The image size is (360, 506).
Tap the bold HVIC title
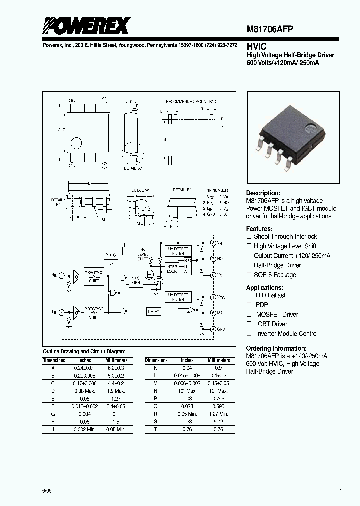click(256, 45)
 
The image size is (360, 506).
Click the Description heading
click(263, 193)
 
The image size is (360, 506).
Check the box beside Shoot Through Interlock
click(249, 237)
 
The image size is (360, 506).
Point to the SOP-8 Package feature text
click(275, 275)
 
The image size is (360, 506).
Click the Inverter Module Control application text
click(287, 333)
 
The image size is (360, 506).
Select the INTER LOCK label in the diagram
click(171, 269)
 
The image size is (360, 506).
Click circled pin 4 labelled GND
click(213, 329)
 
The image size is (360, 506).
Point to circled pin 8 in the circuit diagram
click(213, 243)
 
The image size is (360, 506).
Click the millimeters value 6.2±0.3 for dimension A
click(116, 367)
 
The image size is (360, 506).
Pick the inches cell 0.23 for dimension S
click(187, 422)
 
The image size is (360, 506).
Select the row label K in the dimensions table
click(156, 367)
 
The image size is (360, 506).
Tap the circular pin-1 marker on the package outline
click(76, 144)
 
